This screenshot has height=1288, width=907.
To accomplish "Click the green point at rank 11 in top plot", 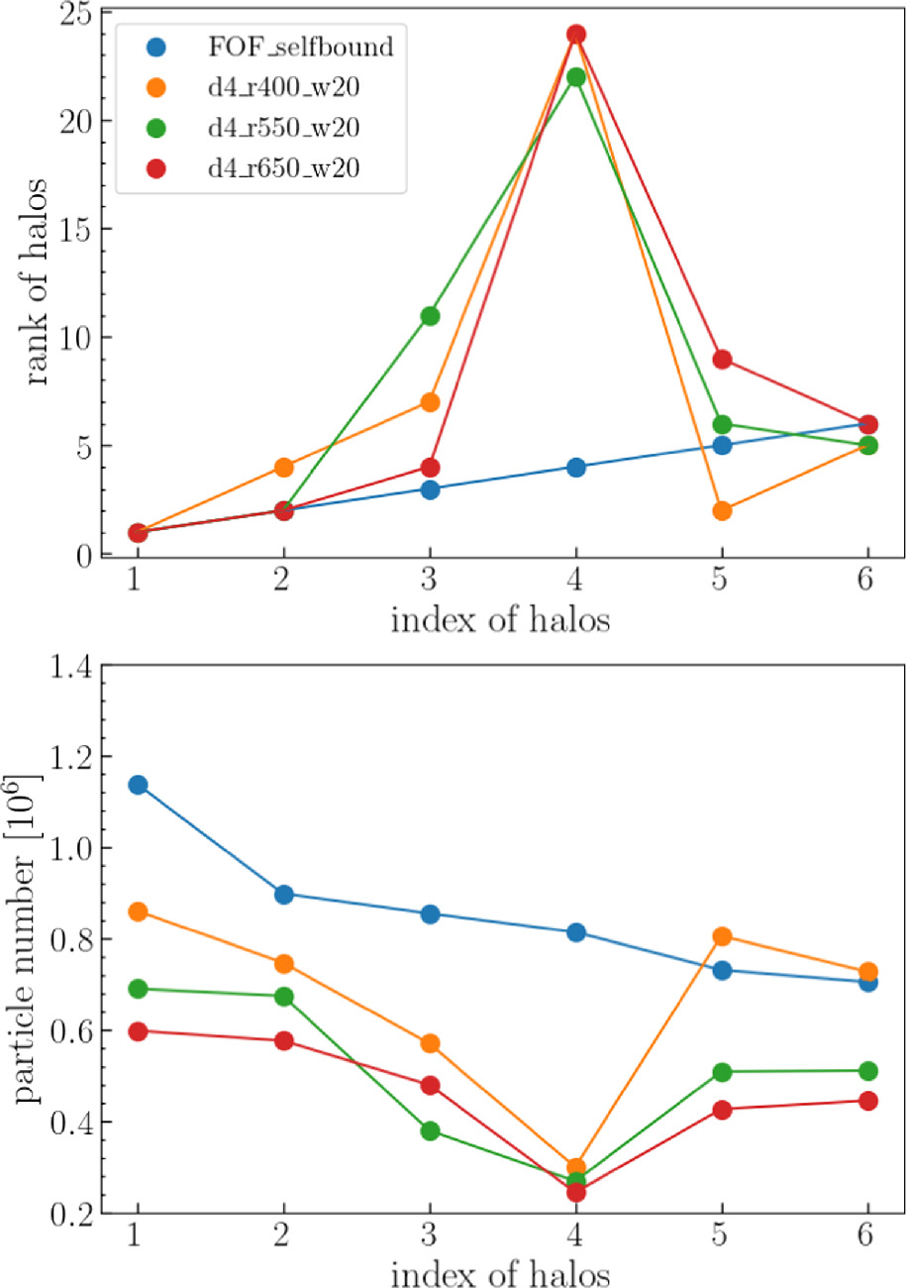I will click(430, 316).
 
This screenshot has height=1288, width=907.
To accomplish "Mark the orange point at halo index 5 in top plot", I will click(722, 511).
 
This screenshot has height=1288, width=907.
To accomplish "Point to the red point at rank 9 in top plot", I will click(722, 360).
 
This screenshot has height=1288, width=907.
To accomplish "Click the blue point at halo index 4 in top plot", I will click(576, 468).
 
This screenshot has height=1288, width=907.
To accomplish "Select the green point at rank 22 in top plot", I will click(576, 77).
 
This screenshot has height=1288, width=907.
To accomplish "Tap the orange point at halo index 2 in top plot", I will click(284, 468).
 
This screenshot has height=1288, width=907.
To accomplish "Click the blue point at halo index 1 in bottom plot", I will click(138, 785).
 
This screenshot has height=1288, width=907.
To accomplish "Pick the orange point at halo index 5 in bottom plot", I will click(722, 936).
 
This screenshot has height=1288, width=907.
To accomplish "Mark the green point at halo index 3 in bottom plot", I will click(430, 1130).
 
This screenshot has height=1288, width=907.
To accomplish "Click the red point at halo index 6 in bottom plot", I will click(868, 1101).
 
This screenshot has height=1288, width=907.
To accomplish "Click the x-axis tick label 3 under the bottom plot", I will click(430, 1238).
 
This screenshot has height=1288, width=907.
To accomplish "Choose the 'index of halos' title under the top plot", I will click(503, 622).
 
